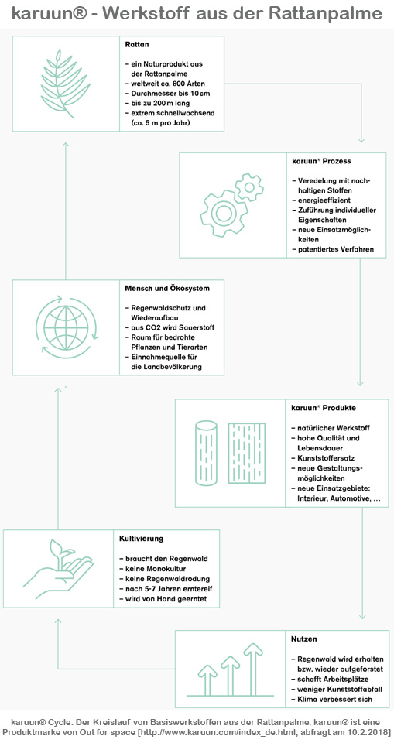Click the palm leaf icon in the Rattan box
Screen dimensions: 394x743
point(63,84)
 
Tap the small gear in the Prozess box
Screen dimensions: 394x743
point(249,187)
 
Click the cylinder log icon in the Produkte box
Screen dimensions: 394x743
point(206,454)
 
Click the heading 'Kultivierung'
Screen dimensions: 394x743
point(142,539)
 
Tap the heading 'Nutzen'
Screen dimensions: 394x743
point(304,639)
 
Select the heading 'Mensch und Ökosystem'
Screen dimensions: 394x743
point(167,288)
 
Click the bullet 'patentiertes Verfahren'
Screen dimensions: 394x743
point(330,250)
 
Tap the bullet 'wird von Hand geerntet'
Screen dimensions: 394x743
point(163,598)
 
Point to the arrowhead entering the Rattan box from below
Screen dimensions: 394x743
point(66,144)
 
